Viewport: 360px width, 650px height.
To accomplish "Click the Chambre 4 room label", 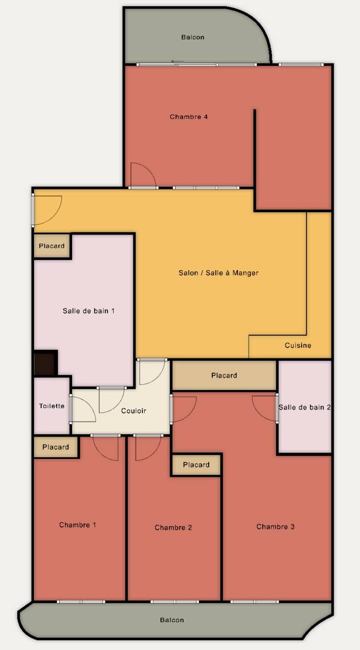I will point(188,117).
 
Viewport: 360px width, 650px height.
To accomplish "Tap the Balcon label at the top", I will point(192,37).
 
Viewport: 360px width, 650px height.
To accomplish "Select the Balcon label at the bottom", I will point(172,620).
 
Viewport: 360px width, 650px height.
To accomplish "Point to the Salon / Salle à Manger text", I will point(218,273).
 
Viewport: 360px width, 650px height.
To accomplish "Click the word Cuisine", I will point(298,345).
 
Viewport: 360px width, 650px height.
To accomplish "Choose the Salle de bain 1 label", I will point(88,311).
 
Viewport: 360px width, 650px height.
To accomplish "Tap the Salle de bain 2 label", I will point(305,407).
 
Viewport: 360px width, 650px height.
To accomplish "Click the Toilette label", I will point(52,406).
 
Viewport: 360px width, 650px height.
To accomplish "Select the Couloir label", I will point(134,410).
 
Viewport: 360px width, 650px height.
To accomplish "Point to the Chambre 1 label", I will point(77,525).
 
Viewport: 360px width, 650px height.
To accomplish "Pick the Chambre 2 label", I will point(173,528).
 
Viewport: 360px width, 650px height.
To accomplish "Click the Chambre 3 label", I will point(275,527).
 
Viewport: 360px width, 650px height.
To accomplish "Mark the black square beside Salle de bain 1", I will point(45,363).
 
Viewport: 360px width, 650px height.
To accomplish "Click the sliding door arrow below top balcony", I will point(177,62).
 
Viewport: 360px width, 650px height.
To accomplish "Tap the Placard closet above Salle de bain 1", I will point(52,246).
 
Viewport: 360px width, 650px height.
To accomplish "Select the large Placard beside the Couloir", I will point(224,375).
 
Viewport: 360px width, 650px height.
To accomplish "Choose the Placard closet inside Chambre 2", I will point(196,465).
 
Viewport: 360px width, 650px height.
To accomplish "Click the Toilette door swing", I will point(81,409).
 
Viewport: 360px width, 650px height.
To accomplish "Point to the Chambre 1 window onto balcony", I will point(81,602).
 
